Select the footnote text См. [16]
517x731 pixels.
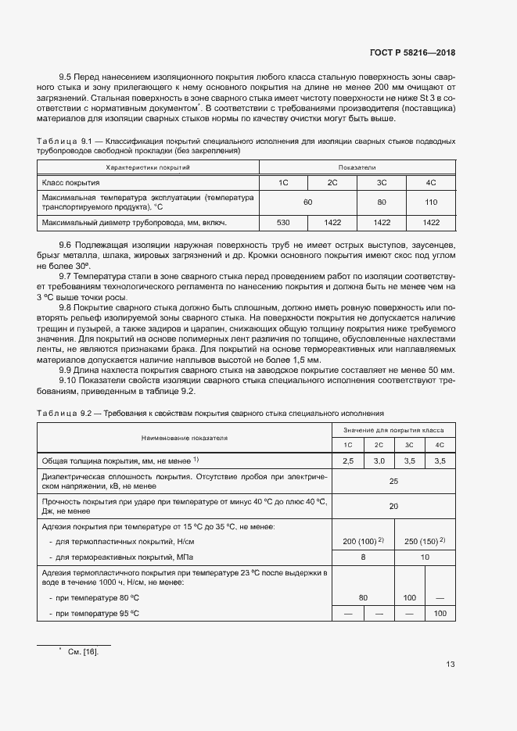[84, 651]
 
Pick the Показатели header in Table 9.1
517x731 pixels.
[357, 167]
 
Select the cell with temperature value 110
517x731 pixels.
[430, 202]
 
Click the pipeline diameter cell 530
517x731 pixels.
[284, 223]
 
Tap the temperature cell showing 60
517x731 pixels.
[307, 202]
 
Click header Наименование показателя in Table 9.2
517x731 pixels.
[185, 438]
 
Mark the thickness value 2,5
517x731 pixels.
[348, 461]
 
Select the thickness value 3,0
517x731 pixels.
[379, 461]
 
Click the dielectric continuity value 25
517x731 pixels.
[393, 482]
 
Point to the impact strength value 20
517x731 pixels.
[393, 506]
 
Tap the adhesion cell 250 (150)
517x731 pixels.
[424, 541]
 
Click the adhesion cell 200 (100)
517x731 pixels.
[363, 541]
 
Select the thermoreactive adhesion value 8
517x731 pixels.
[363, 557]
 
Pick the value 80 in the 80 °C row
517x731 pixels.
[363, 597]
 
